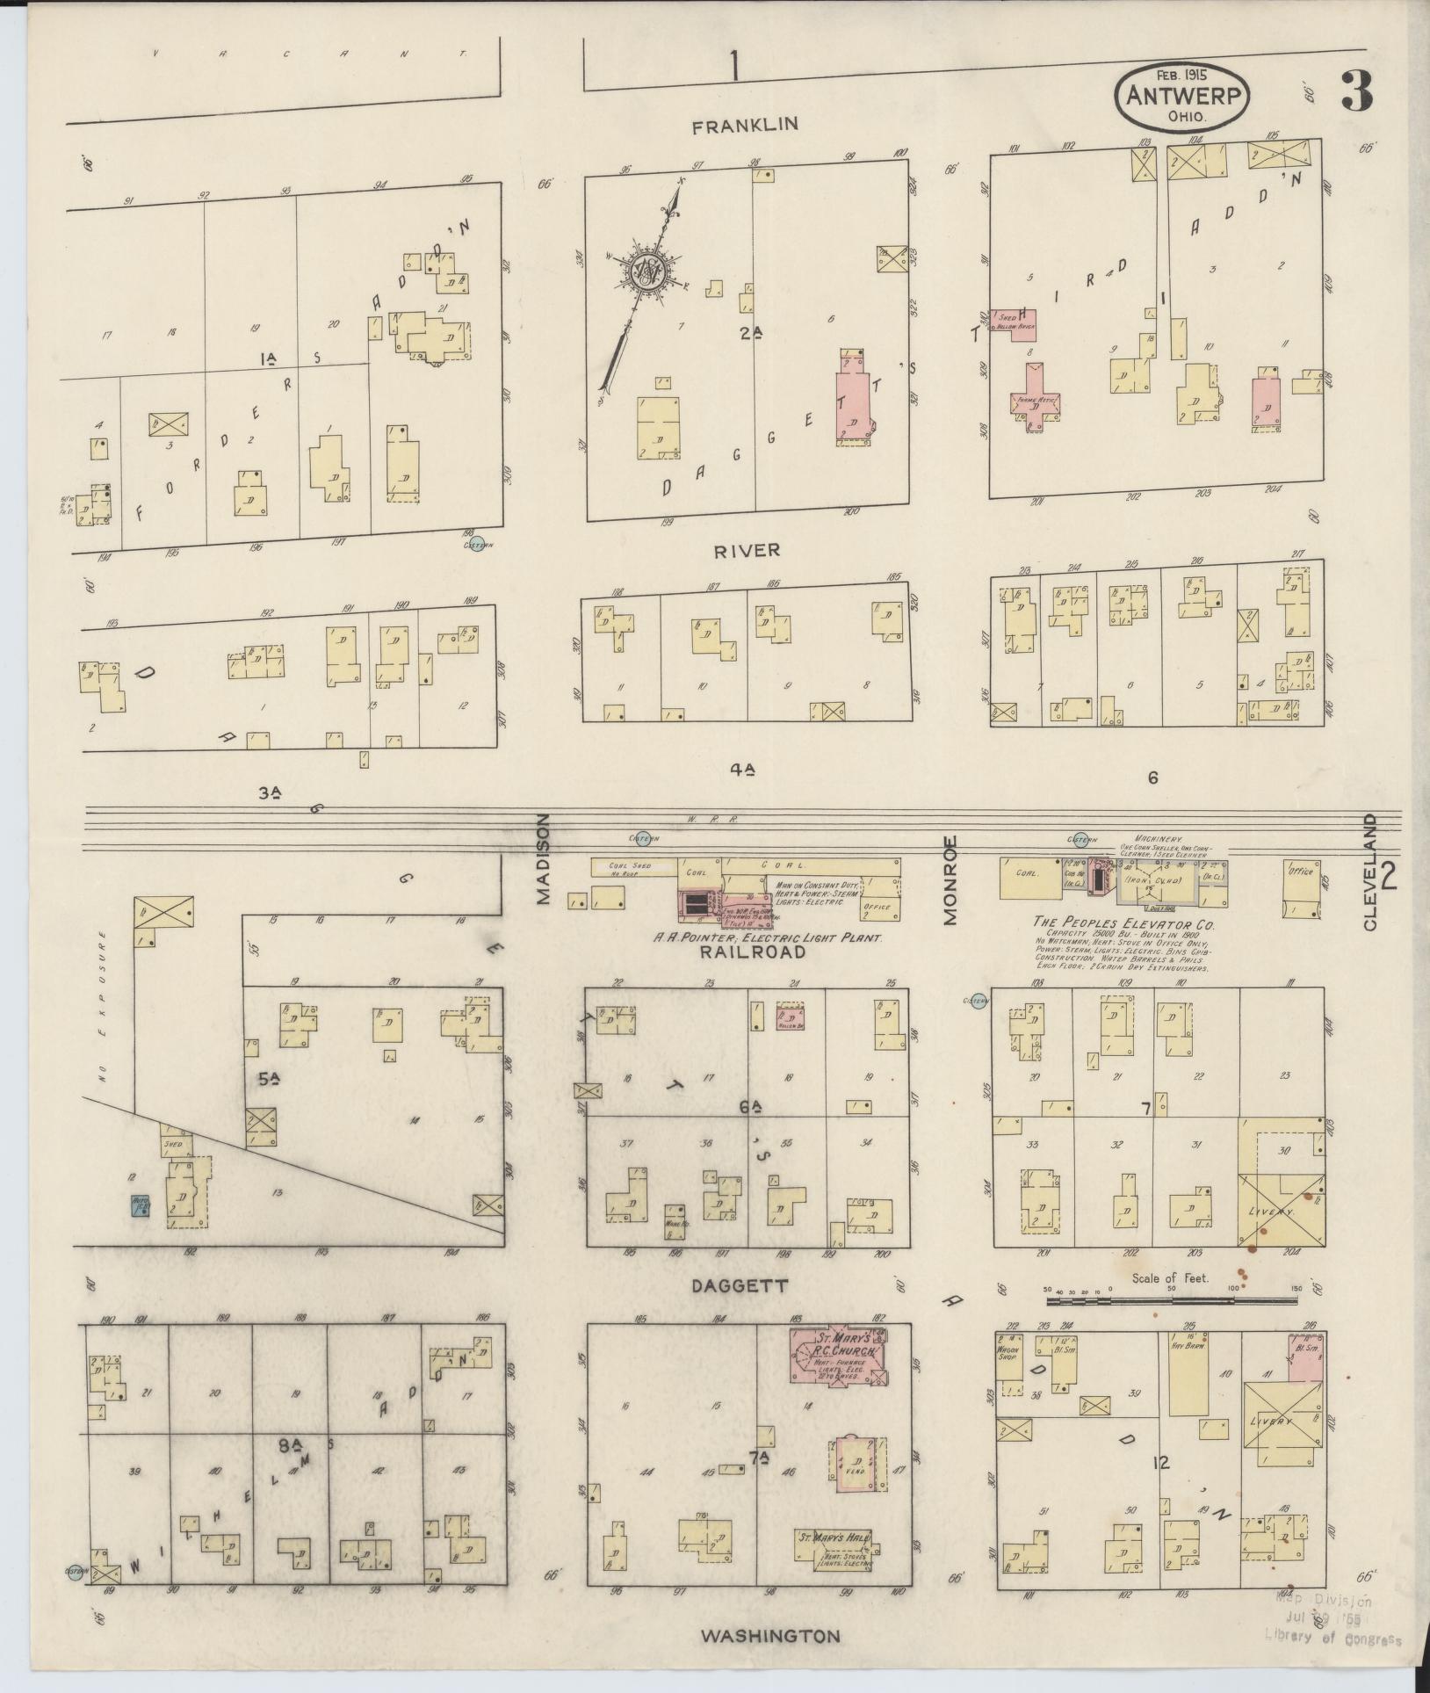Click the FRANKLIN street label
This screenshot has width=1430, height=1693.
[x=744, y=126]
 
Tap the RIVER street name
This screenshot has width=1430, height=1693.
[x=747, y=551]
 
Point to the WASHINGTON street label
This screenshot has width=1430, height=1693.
[x=769, y=1636]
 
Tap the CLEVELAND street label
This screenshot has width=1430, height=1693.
[x=1370, y=872]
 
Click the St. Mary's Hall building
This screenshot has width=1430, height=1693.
[x=837, y=1545]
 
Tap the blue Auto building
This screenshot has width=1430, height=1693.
[x=139, y=1204]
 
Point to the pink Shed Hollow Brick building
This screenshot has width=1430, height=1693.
[x=1015, y=320]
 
